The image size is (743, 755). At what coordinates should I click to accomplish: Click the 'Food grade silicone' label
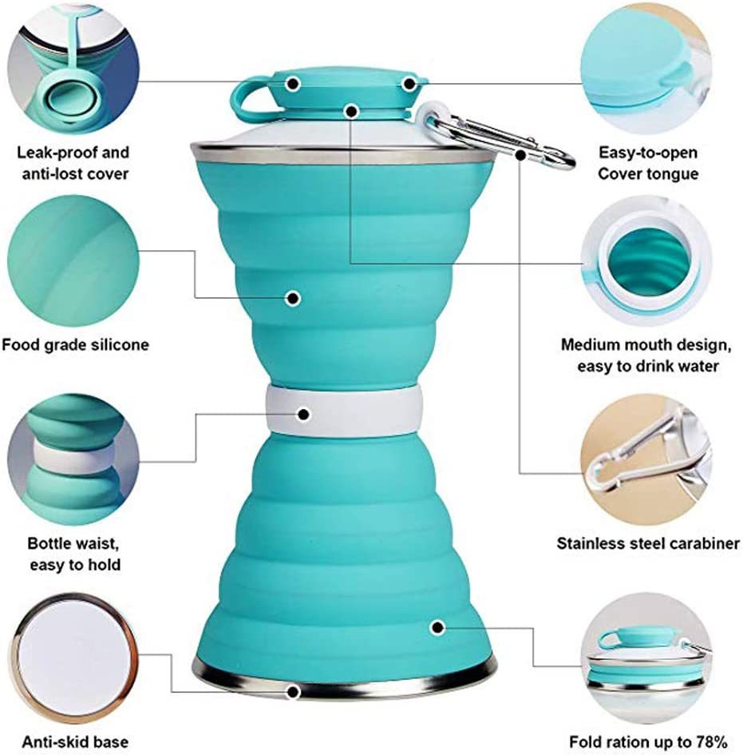pyautogui.click(x=75, y=345)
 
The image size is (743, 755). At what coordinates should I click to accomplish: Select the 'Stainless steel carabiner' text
pyautogui.click(x=648, y=544)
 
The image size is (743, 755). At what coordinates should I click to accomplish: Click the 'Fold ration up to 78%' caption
pyautogui.click(x=648, y=741)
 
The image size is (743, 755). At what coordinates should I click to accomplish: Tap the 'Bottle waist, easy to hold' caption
pyautogui.click(x=74, y=554)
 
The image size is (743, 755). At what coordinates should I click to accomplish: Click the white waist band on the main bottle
pyautogui.click(x=343, y=414)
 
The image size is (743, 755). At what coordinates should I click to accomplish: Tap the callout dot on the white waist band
pyautogui.click(x=303, y=414)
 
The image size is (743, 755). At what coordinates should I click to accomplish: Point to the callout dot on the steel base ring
pyautogui.click(x=294, y=692)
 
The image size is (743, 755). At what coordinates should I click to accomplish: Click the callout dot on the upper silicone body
pyautogui.click(x=293, y=298)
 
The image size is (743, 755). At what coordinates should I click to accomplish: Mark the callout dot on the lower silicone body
pyautogui.click(x=437, y=627)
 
